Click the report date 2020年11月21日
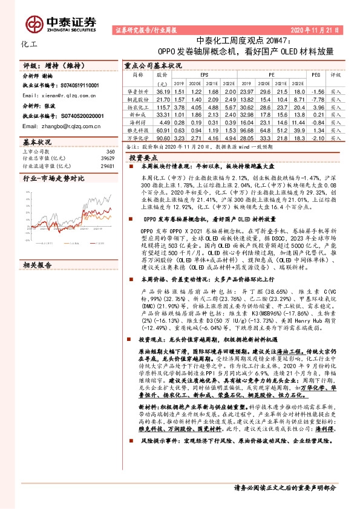point(315,29)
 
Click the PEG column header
point(316,75)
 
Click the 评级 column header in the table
point(336,75)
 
